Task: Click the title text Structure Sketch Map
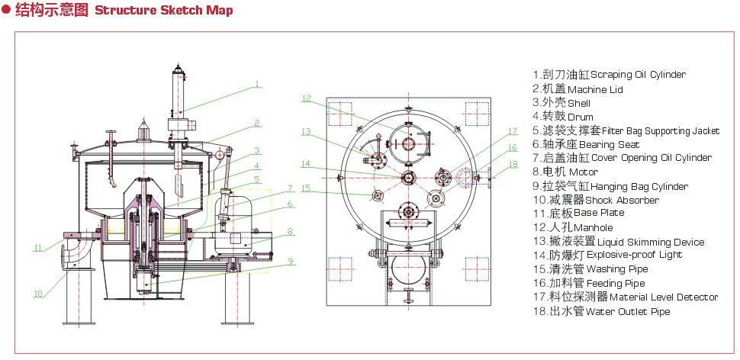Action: point(163,11)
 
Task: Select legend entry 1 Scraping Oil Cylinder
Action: point(609,75)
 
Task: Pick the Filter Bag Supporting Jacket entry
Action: point(626,131)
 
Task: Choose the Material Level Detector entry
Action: point(625,297)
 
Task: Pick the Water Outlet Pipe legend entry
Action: point(602,311)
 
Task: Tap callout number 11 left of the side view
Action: point(37,247)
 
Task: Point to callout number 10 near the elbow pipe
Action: point(37,293)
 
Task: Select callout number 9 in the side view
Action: point(290,260)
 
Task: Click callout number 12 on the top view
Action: point(306,98)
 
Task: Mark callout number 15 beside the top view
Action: point(306,187)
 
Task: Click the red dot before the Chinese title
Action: point(6,11)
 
